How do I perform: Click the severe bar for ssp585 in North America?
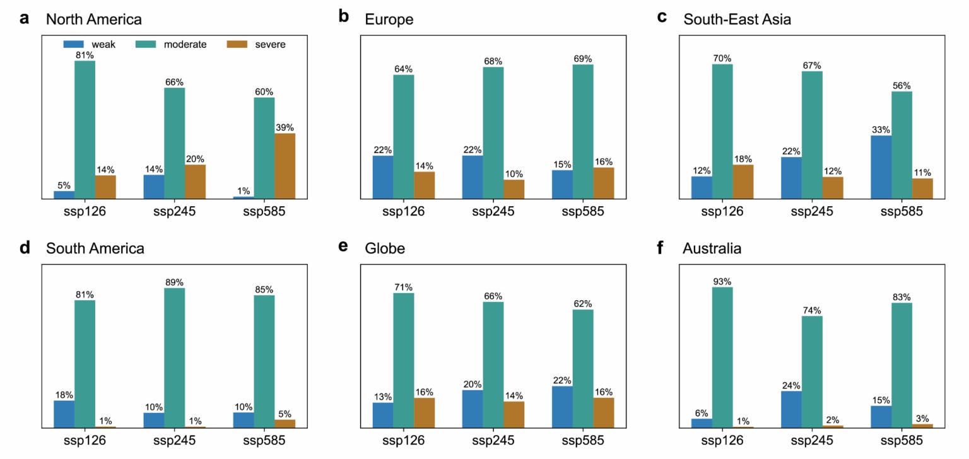[285, 166]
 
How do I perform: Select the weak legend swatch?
[73, 44]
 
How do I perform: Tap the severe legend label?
[271, 44]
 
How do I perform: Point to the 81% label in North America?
[85, 55]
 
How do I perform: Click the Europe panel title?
[389, 19]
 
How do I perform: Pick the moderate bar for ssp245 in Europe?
[493, 133]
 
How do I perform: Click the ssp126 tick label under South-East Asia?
[722, 211]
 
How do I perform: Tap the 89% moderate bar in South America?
[174, 357]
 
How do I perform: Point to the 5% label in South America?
[285, 414]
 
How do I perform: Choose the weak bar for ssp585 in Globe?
[561, 407]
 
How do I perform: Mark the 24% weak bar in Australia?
[791, 409]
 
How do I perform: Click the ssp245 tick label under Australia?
[812, 439]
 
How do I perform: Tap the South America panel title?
[95, 248]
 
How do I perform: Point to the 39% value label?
[285, 127]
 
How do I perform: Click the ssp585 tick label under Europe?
[583, 211]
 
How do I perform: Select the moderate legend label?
[185, 44]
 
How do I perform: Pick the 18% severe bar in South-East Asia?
[743, 182]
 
